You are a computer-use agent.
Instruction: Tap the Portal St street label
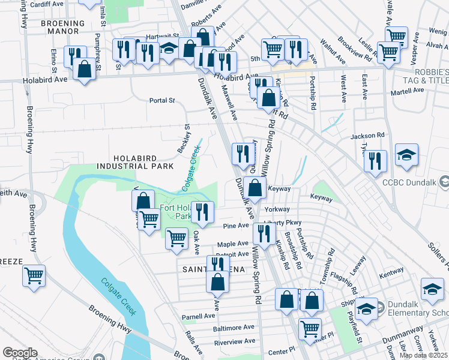click(162, 101)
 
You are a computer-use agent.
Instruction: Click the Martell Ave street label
click(409, 90)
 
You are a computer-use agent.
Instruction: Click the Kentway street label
click(391, 271)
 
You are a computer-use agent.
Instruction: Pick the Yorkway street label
click(277, 209)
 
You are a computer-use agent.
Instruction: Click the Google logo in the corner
click(20, 353)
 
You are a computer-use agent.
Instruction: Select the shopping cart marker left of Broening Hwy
click(34, 276)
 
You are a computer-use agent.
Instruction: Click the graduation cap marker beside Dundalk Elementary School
click(366, 310)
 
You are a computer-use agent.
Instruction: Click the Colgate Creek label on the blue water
click(118, 297)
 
